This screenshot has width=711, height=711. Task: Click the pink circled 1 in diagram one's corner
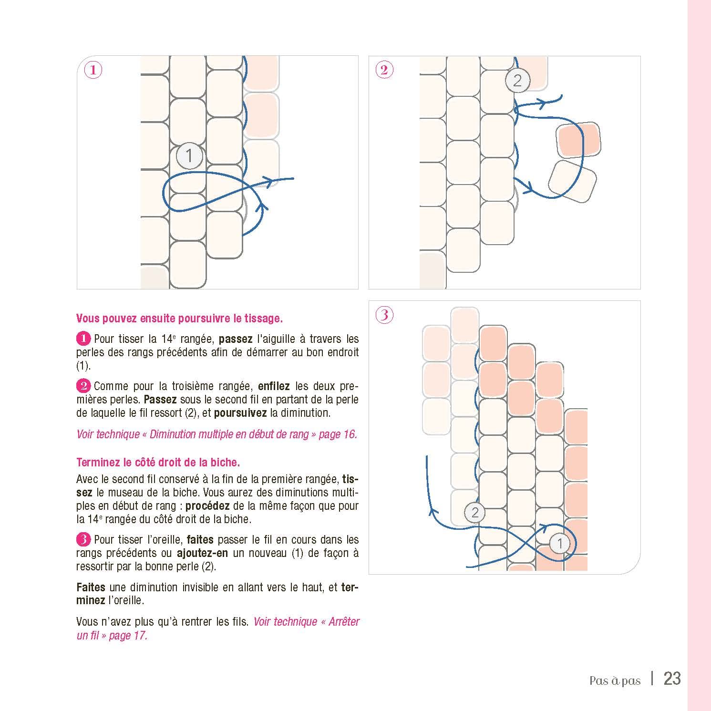pyautogui.click(x=93, y=71)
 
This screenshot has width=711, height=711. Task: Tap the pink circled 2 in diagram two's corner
pyautogui.click(x=384, y=71)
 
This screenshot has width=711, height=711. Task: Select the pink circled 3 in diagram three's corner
pyautogui.click(x=384, y=315)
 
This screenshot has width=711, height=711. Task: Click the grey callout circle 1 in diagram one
pyautogui.click(x=189, y=156)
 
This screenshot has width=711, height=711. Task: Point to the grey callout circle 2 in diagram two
pyautogui.click(x=517, y=81)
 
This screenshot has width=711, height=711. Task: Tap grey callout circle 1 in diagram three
pyautogui.click(x=560, y=543)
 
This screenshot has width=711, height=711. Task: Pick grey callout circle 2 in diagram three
pyautogui.click(x=474, y=513)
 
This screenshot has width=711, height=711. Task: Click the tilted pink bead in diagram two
pyautogui.click(x=578, y=139)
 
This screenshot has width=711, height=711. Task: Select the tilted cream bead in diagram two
pyautogui.click(x=572, y=181)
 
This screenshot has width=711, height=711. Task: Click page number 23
pyautogui.click(x=672, y=679)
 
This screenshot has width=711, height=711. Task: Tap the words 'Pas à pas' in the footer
pyautogui.click(x=615, y=680)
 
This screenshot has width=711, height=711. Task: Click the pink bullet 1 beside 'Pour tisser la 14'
pyautogui.click(x=82, y=339)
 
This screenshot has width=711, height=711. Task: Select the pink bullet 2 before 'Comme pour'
pyautogui.click(x=82, y=386)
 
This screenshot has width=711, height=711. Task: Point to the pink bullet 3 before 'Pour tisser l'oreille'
pyautogui.click(x=82, y=540)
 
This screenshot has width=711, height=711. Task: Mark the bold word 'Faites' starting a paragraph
pyautogui.click(x=91, y=587)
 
